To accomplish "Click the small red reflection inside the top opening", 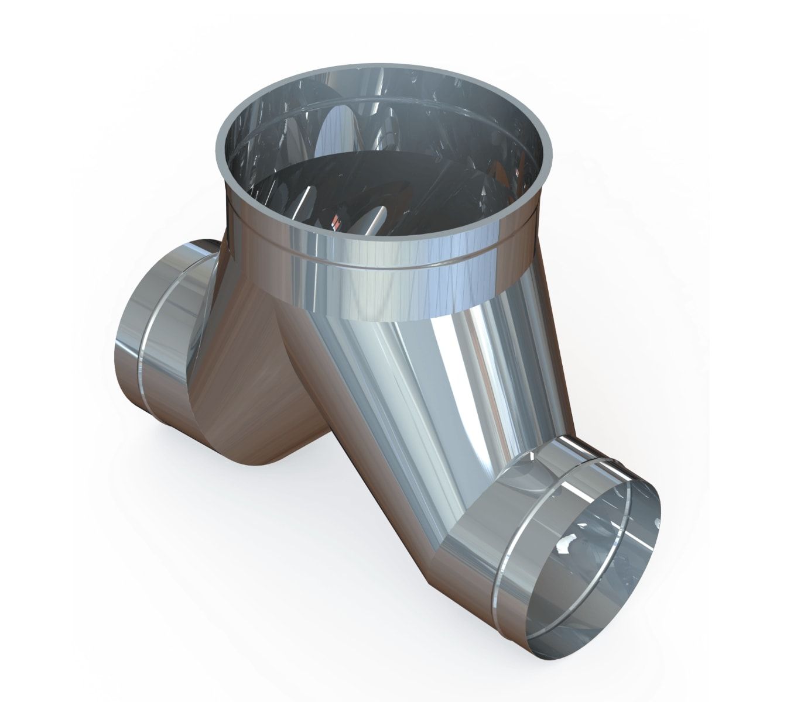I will coord(336,222).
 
